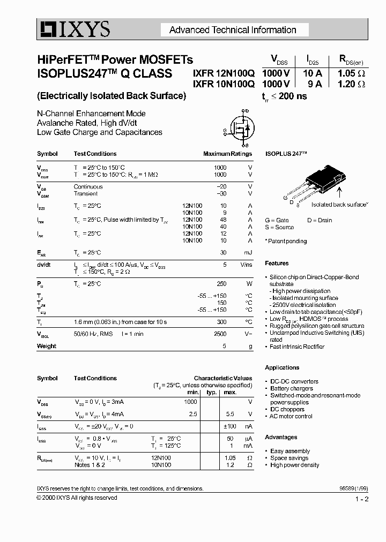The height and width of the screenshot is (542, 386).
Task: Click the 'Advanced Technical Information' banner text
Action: click(233, 30)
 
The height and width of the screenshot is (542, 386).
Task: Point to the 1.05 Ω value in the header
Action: click(351, 74)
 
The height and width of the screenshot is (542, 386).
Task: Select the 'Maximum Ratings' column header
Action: click(227, 154)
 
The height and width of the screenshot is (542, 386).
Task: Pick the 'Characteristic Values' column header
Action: click(222, 378)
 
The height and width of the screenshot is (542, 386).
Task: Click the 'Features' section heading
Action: click(277, 264)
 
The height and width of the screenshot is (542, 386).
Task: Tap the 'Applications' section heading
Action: click(282, 368)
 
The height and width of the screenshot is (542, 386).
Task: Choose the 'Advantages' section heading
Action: click(281, 438)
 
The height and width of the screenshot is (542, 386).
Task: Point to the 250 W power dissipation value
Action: click(220, 284)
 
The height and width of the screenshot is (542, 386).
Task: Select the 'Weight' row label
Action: click(47, 347)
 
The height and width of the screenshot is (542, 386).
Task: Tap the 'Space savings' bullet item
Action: click(289, 458)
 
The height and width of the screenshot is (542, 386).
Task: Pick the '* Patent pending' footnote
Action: click(286, 242)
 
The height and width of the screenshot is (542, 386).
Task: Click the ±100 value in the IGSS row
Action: click(230, 426)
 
